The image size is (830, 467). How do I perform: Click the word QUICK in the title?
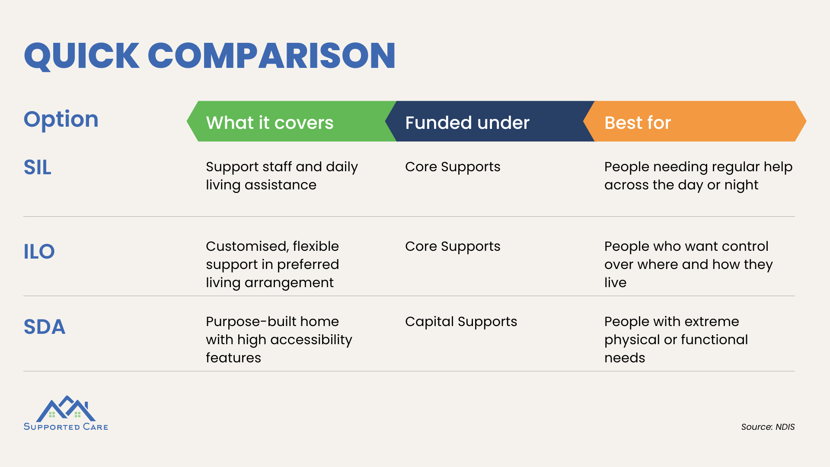tap(82, 56)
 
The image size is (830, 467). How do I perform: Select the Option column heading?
tap(61, 119)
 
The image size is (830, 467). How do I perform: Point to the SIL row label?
tap(38, 167)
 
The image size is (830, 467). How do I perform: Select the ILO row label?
tap(39, 252)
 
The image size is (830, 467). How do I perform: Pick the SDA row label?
tap(45, 327)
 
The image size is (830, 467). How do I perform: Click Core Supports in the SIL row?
tap(453, 167)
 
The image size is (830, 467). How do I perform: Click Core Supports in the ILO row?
tap(453, 246)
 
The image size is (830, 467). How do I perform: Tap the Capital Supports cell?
tap(461, 322)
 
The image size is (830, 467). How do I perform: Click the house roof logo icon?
tap(66, 409)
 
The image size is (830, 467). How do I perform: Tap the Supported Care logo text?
tap(66, 427)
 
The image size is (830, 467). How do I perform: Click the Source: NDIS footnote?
tap(768, 427)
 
